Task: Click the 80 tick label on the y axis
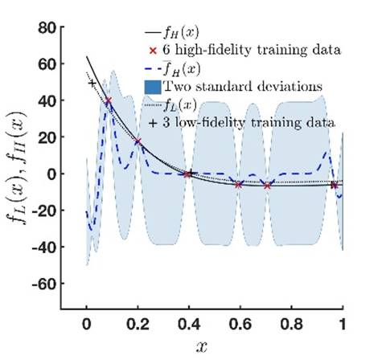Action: pyautogui.click(x=53, y=28)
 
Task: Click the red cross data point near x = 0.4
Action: pyautogui.click(x=188, y=174)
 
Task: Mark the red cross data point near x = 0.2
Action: pyautogui.click(x=138, y=141)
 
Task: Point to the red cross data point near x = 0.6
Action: pyautogui.click(x=239, y=184)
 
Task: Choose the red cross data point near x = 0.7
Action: pyautogui.click(x=268, y=186)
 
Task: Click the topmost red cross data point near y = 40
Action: pyautogui.click(x=109, y=100)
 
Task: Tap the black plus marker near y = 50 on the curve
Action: pyautogui.click(x=92, y=83)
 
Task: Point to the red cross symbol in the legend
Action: pyautogui.click(x=152, y=50)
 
